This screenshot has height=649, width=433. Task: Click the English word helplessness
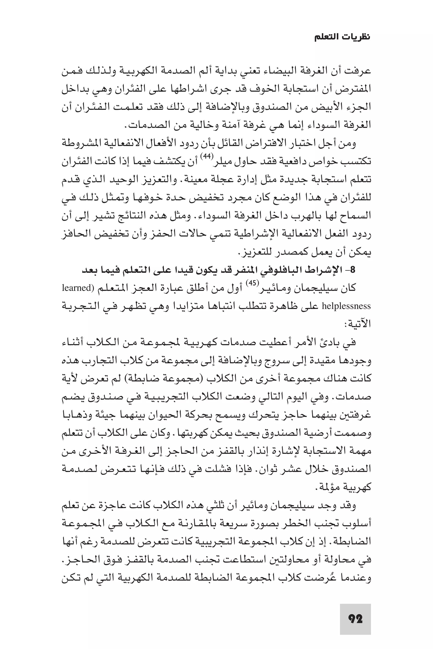click(347, 306)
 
